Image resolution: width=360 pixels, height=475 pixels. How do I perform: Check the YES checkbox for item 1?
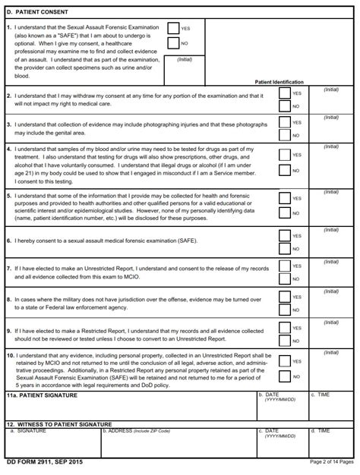(x=173, y=28)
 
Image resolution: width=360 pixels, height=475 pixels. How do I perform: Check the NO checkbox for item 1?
(x=173, y=43)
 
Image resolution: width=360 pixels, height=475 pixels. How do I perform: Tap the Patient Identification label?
(x=279, y=82)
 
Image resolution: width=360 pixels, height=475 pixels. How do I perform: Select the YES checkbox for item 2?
(x=284, y=93)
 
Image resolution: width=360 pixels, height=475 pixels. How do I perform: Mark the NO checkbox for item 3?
(x=284, y=135)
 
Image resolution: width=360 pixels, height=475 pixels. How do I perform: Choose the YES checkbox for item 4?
(x=284, y=155)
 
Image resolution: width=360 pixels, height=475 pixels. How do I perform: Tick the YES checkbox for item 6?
(x=284, y=235)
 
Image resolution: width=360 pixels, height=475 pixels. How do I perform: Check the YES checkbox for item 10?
(x=284, y=361)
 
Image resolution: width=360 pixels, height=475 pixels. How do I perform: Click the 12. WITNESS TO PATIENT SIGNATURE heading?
(x=59, y=423)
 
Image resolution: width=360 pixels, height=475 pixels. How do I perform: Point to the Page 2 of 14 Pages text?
(x=332, y=461)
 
